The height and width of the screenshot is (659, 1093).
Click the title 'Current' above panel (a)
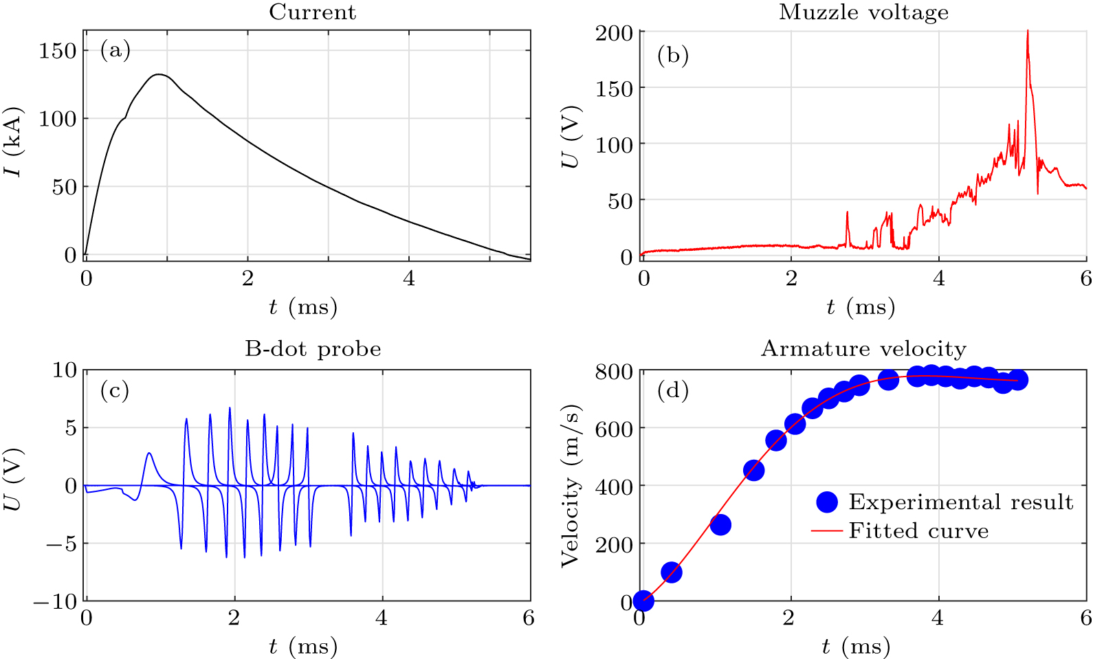(x=312, y=12)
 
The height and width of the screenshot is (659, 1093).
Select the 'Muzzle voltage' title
(x=863, y=12)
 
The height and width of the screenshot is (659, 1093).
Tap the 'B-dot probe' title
(x=313, y=349)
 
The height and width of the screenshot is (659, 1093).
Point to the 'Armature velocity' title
(x=863, y=349)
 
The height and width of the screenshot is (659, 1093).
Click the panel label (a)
(x=115, y=50)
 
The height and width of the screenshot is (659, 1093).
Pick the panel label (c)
(x=115, y=390)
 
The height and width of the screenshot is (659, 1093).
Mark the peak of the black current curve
(x=159, y=74)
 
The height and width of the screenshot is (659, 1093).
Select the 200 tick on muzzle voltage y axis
(x=614, y=32)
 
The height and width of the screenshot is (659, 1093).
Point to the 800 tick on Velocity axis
(x=614, y=371)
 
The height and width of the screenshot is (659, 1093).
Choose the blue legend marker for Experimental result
(x=827, y=502)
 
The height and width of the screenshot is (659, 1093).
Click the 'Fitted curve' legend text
(x=918, y=531)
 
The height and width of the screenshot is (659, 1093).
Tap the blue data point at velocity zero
(x=643, y=601)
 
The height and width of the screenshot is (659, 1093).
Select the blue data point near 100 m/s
(x=671, y=572)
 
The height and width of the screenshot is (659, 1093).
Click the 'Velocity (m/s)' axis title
(x=570, y=487)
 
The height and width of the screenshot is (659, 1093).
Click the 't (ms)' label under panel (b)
(x=861, y=306)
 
